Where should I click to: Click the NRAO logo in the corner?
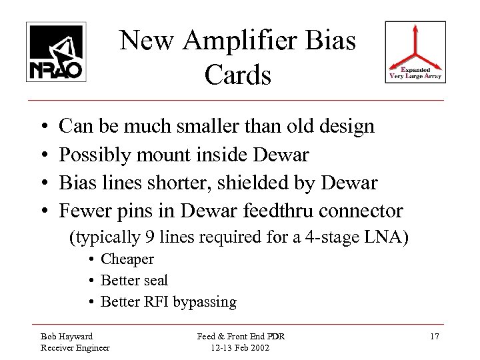(55, 51)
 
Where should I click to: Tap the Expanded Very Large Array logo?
(415, 54)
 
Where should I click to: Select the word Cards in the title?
(238, 75)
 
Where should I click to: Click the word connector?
(365, 212)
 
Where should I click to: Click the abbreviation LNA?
(383, 237)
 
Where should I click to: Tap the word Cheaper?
(127, 259)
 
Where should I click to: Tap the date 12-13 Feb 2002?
(240, 347)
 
